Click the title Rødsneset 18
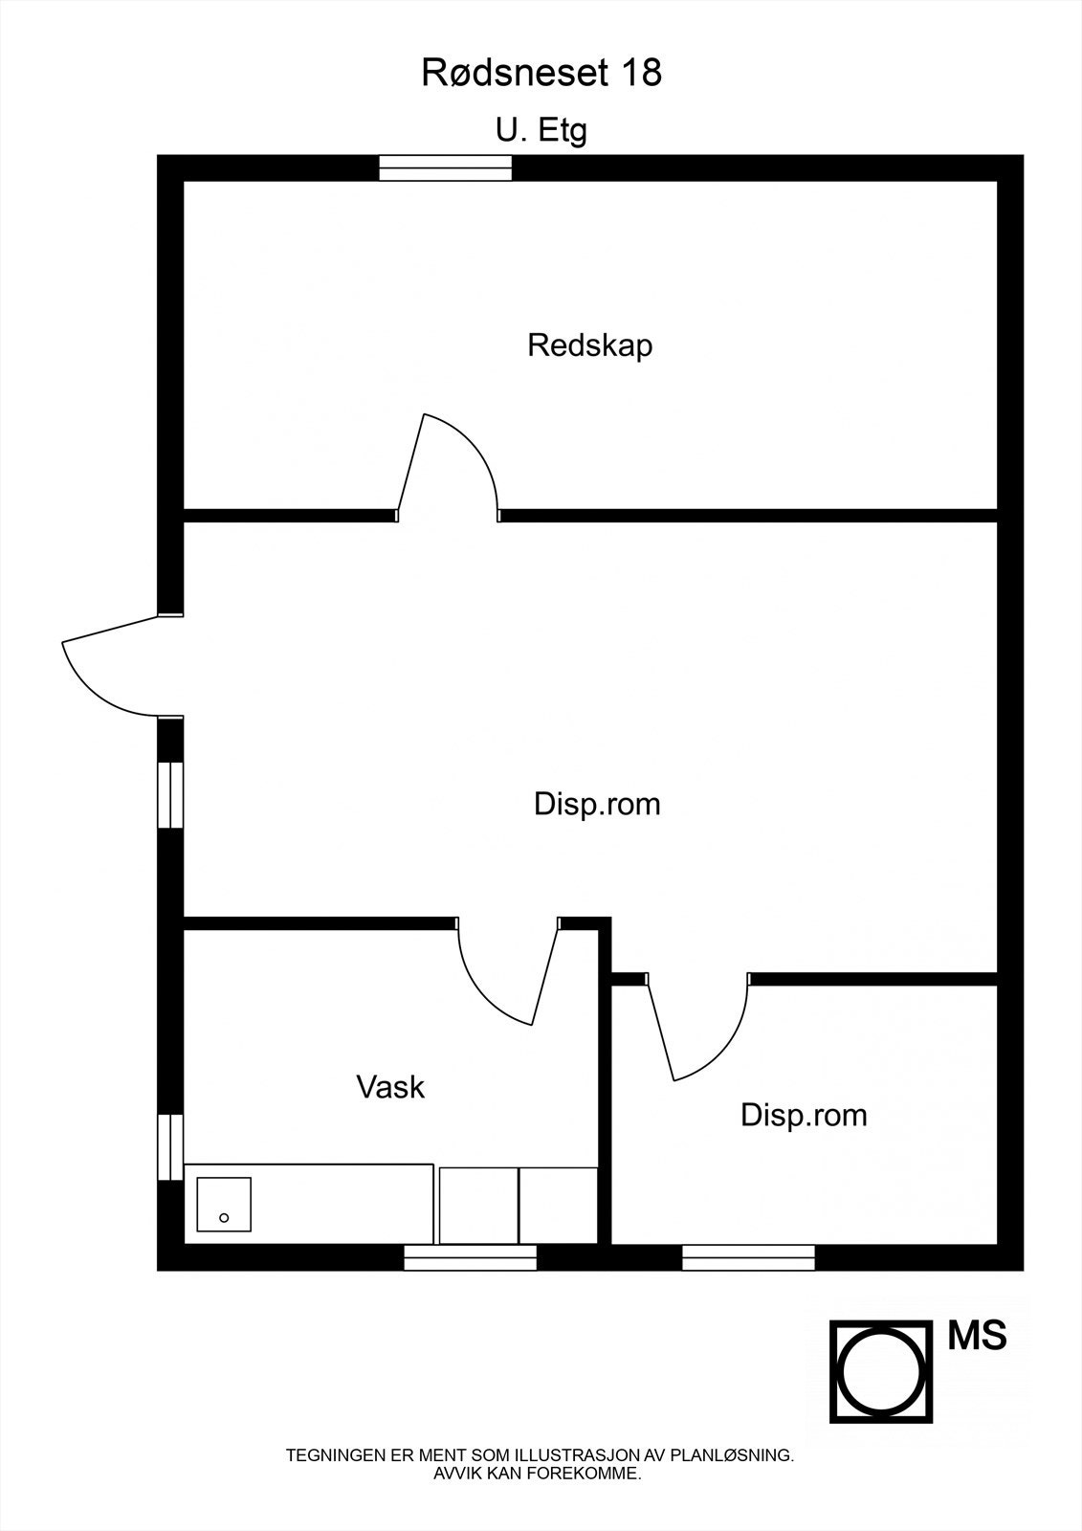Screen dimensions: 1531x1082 541,73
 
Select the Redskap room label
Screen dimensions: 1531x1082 589,345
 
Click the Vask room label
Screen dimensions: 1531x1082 390,1087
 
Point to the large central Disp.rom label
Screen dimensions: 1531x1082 597,804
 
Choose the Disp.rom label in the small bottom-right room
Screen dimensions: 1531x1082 804,1115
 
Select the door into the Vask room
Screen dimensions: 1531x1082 507,971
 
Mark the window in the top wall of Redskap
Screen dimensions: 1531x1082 446,168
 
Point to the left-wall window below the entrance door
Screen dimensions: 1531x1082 170,794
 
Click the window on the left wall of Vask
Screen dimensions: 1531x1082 170,1146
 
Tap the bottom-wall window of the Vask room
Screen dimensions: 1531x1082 470,1258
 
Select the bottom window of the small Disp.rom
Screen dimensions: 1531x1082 748,1258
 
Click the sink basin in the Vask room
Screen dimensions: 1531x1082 224,1204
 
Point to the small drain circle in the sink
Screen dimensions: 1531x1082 224,1217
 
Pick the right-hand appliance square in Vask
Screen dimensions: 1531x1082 558,1205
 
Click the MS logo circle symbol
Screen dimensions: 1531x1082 880,1371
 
